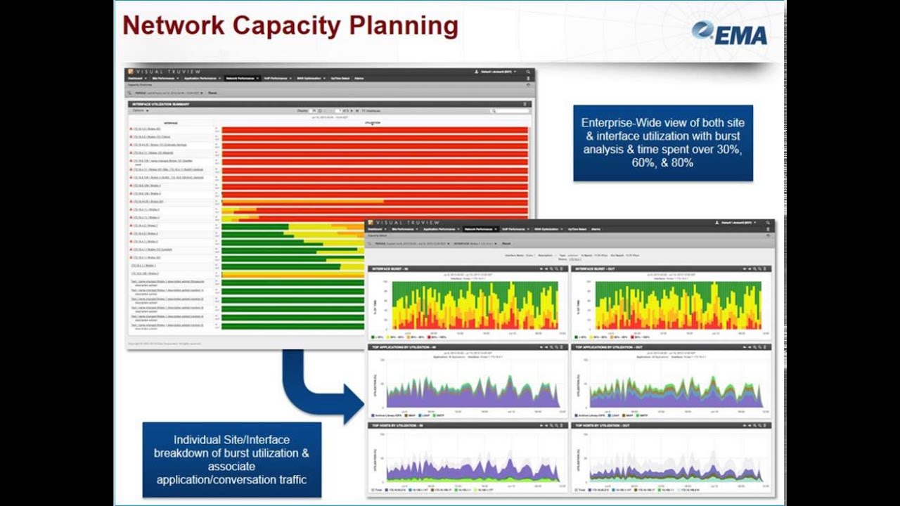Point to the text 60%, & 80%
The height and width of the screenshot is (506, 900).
[x=662, y=163]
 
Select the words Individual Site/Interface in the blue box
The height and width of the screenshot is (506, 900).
[x=231, y=439]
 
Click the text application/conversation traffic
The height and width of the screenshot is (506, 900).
[x=231, y=481]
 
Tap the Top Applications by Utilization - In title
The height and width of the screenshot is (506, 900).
[x=404, y=347]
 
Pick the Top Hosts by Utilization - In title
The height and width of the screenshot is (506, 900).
[x=394, y=426]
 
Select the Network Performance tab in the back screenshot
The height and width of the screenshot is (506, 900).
[x=241, y=78]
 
